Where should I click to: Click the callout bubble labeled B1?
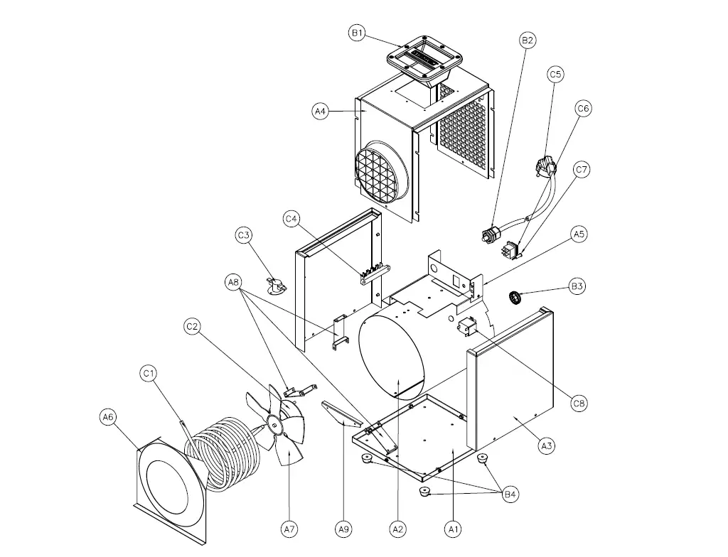pos(357,33)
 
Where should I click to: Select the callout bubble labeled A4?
pos(321,111)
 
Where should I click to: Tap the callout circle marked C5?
pos(555,74)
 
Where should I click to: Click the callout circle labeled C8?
pos(579,404)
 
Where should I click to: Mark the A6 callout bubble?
pos(107,418)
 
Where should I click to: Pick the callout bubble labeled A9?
pos(343,529)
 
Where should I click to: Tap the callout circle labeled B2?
pos(527,40)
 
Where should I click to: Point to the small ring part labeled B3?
pos(517,296)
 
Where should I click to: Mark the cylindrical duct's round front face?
pos(392,355)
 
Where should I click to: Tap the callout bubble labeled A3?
pos(546,446)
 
